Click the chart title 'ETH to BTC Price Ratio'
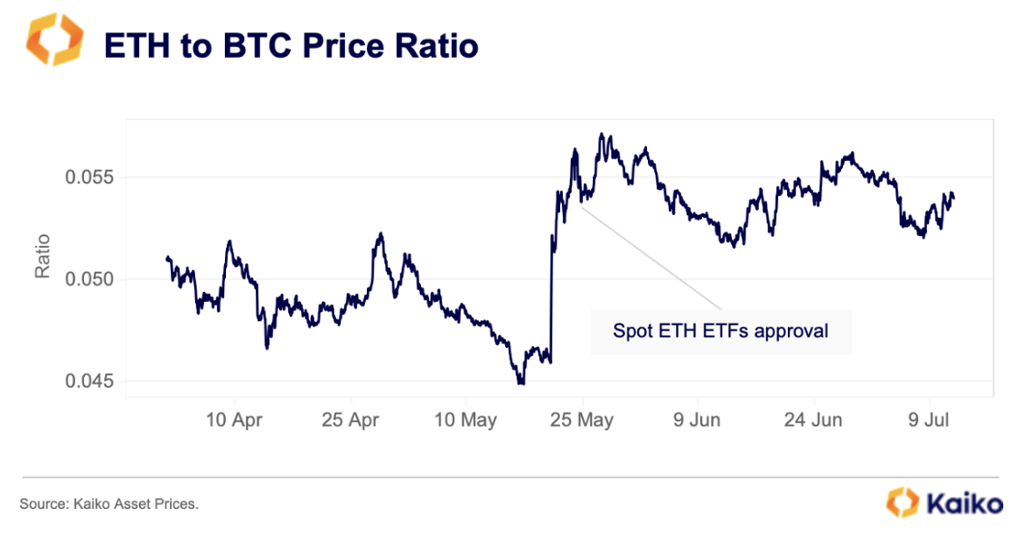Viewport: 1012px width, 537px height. [291, 44]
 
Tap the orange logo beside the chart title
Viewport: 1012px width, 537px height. [55, 40]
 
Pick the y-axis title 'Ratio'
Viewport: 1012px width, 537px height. [42, 256]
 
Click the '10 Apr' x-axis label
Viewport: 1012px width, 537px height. [234, 419]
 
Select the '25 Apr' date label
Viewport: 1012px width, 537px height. [350, 419]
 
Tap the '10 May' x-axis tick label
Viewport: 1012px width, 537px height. [466, 419]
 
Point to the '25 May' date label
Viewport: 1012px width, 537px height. [583, 419]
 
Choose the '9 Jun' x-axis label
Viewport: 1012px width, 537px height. [698, 419]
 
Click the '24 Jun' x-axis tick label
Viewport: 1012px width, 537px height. [813, 419]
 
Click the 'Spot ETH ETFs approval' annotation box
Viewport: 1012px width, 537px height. [720, 331]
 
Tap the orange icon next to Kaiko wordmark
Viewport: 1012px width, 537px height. [903, 501]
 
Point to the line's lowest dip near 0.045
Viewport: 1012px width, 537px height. [520, 383]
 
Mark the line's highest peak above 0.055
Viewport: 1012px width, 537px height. [601, 135]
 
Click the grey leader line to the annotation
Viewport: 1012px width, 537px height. [651, 259]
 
